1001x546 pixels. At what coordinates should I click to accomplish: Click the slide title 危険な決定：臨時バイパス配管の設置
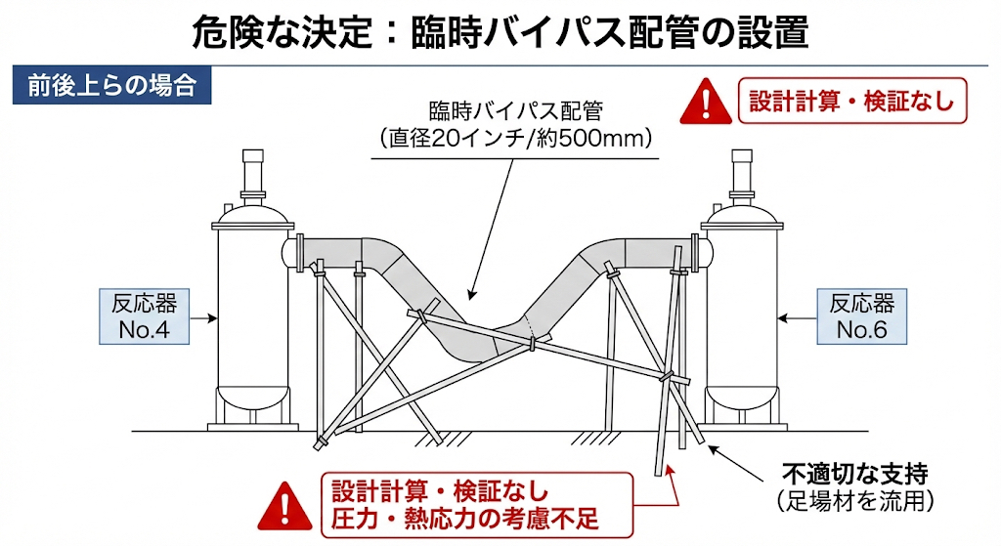[500, 33]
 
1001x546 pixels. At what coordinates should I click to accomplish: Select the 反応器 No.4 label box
[145, 315]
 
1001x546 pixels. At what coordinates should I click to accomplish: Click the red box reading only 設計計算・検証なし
[850, 101]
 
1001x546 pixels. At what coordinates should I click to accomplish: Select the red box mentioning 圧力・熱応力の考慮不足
[464, 504]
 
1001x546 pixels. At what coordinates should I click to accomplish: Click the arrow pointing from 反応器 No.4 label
[202, 316]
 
